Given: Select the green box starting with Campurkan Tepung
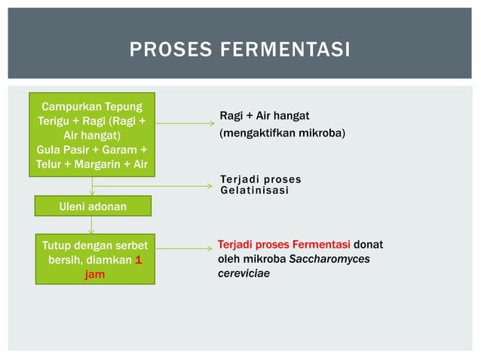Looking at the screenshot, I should point(92,135).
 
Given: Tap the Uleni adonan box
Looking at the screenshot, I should point(93,206).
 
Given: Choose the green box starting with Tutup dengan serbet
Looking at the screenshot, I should point(95,260).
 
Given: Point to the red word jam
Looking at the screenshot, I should point(94,275).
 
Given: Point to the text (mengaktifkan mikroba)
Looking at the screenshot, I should point(282,133).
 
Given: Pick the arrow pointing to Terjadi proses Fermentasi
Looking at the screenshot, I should point(184,249).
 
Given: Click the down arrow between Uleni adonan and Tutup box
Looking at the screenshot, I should point(92,225).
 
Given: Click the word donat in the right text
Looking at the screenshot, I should point(369,245).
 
